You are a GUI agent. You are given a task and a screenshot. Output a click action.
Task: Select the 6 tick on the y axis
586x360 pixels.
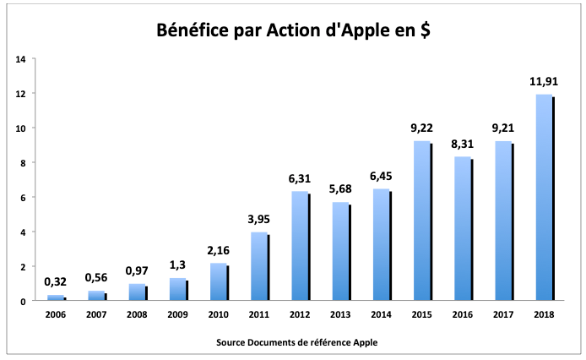click(x=23, y=198)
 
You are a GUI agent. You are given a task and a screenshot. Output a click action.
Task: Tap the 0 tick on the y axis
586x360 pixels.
click(x=23, y=301)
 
